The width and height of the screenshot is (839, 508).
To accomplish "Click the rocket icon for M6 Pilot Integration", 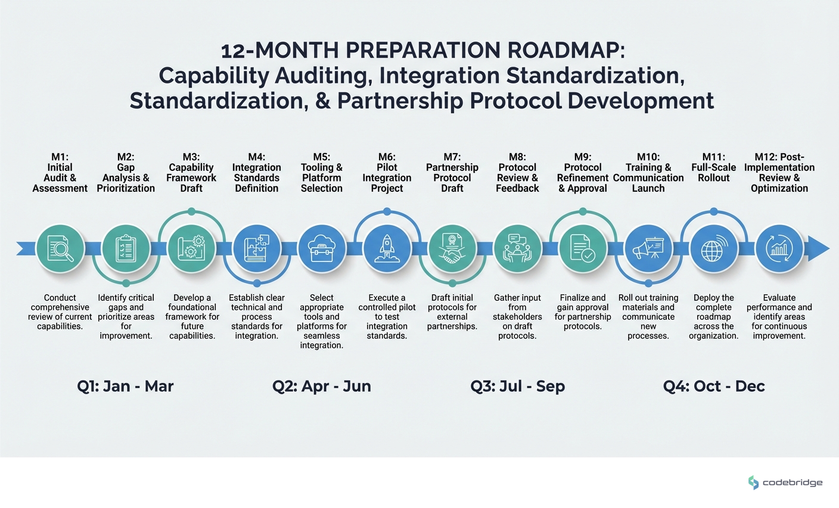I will (x=387, y=248).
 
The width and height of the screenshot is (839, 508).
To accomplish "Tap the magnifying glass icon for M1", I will (x=60, y=248).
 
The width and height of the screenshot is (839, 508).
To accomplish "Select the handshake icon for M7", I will (x=452, y=248).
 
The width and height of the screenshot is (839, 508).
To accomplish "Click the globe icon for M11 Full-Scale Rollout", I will (x=713, y=248).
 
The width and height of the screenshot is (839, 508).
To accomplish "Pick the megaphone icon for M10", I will (x=648, y=248).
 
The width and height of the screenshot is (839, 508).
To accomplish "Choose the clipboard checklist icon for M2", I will (x=126, y=248).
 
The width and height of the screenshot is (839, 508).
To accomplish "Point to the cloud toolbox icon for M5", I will (x=322, y=248).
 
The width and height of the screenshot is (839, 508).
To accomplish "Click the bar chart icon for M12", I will (x=779, y=248).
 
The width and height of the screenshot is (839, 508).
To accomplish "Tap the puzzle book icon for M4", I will (x=256, y=248).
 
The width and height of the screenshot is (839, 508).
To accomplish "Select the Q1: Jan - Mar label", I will (x=125, y=386).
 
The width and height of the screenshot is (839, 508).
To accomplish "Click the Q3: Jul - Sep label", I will (x=517, y=386).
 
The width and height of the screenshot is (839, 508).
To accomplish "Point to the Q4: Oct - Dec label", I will (x=714, y=386).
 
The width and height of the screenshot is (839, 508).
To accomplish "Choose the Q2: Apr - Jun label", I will (x=322, y=386).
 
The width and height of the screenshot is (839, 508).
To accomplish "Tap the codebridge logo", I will (x=785, y=482).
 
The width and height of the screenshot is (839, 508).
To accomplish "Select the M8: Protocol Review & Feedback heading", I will (x=517, y=173).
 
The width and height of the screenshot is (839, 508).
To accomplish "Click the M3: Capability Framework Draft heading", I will (x=191, y=173).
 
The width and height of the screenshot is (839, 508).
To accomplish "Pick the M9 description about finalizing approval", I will (x=583, y=311).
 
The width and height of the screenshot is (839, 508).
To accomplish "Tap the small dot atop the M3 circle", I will (x=191, y=211).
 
